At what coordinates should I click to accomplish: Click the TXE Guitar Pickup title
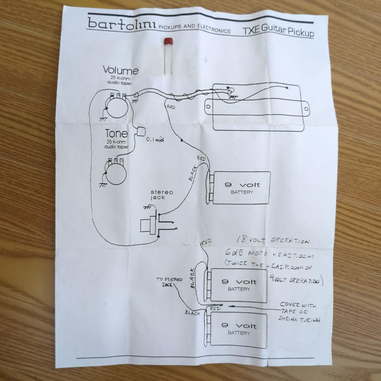[x=278, y=32]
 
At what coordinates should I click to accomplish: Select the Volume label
[x=121, y=71]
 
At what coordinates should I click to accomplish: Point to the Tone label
[x=116, y=134]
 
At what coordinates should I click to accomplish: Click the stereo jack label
[x=162, y=195]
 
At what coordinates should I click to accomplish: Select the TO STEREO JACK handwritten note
[x=169, y=282]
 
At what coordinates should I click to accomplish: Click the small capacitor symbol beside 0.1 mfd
[x=141, y=131]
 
